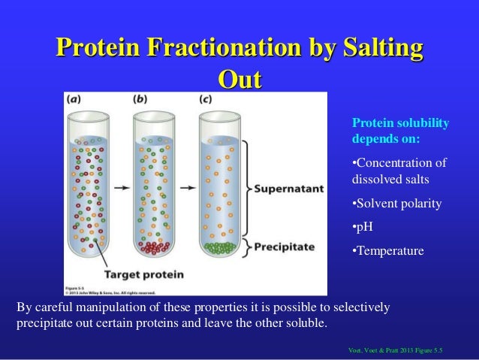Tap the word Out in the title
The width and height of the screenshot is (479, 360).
tap(239, 78)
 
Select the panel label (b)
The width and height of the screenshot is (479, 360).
tap(140, 98)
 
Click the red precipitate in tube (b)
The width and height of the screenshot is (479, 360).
tap(152, 247)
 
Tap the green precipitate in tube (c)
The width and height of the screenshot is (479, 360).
tap(218, 247)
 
